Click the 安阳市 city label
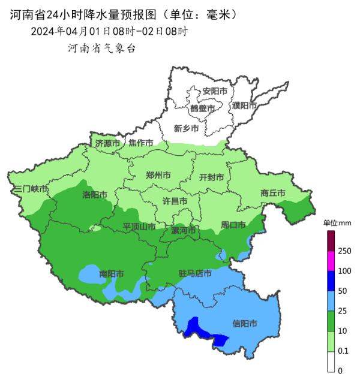coord(215,91)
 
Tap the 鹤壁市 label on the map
coord(202,108)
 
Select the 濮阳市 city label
coord(244,105)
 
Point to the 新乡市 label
coord(186,128)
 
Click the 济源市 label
coord(107,143)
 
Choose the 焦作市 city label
coord(141,143)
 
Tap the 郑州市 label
coord(158,176)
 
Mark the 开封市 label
coord(211,177)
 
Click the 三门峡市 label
coord(30,189)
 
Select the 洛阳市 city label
coord(95,195)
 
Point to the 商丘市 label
coord(273,193)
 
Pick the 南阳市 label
coord(111,274)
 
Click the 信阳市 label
coord(245,324)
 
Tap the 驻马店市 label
coord(195,273)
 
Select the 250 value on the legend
coord(344,251)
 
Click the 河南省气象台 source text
coord(102,49)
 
